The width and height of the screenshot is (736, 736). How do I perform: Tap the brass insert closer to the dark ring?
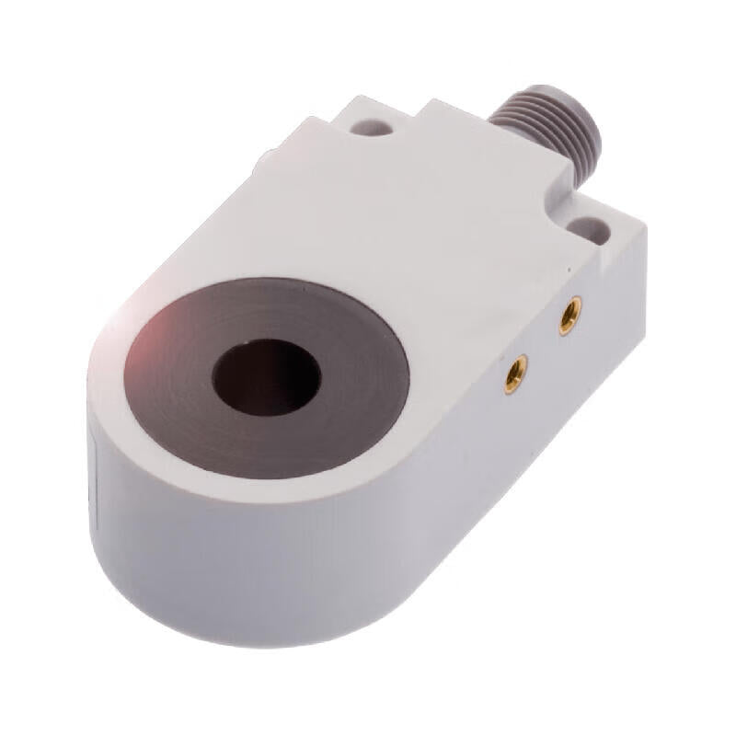[x=512, y=374]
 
